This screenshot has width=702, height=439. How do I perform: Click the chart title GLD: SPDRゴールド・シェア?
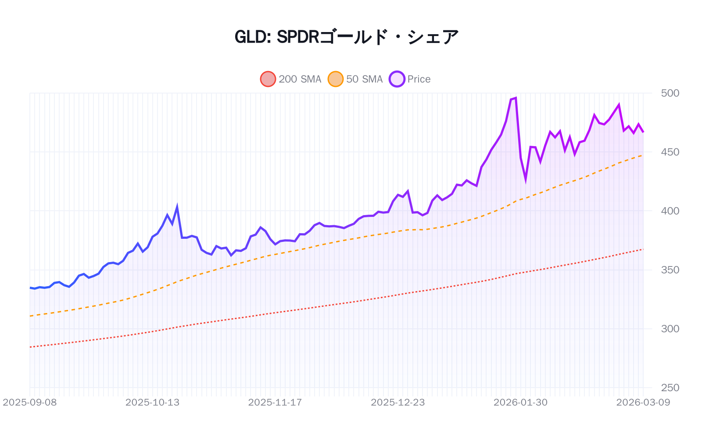347,37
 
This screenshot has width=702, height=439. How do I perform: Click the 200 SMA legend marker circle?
268,79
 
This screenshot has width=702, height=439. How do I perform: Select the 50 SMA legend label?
364,79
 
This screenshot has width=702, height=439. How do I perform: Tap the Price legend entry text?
419,79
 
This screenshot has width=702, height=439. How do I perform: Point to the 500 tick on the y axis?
670,93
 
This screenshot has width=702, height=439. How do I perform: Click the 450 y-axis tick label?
670,152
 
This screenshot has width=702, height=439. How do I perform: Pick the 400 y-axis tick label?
670,211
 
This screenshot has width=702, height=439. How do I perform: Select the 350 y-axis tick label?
670,270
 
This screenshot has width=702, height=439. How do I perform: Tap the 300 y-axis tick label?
670,328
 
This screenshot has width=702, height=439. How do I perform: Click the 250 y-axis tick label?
670,388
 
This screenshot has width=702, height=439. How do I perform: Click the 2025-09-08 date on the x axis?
30,402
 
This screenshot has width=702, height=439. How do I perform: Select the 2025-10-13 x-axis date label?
152,402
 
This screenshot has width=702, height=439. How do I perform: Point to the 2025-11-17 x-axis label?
275,402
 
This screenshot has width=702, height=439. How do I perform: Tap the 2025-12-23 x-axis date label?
398,402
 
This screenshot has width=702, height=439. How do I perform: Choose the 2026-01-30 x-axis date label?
520,402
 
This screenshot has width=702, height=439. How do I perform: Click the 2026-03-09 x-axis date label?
643,402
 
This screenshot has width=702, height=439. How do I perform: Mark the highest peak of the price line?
516,98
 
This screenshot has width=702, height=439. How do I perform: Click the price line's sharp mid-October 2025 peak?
177,206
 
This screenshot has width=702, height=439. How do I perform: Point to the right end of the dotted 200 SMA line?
643,249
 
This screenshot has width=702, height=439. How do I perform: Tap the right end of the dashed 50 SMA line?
643,155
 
